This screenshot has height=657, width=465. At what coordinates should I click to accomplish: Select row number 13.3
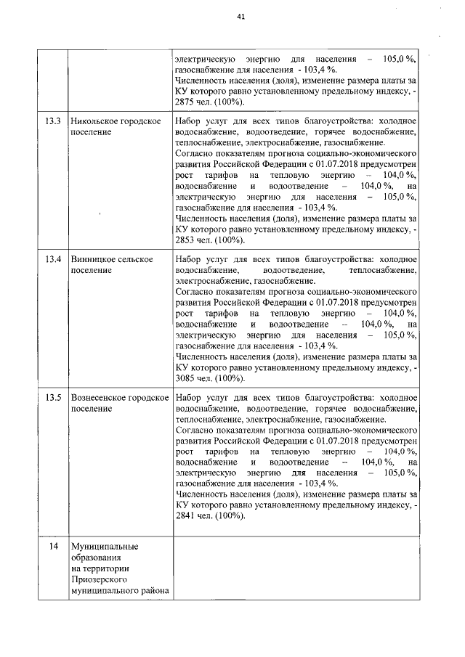[52, 121]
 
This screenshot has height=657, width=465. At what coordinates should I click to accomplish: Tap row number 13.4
[52, 259]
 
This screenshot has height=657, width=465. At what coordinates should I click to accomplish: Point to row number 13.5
[52, 398]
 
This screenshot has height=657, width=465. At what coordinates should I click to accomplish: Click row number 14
[52, 545]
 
